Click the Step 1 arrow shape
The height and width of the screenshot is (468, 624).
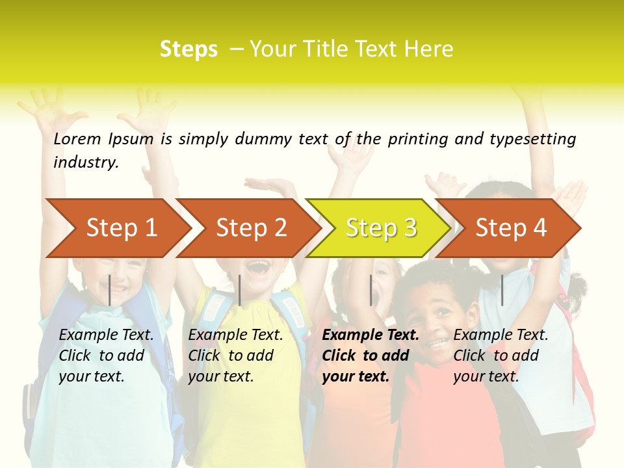pos(121,228)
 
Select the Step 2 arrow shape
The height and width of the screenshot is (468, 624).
pos(251,228)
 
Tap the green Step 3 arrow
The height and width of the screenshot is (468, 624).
pos(381,228)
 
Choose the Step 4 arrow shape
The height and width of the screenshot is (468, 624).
pos(511,228)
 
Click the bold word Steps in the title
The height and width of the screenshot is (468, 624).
pos(188,49)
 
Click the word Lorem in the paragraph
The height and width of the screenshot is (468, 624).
pos(77,138)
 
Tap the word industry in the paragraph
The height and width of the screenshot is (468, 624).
pos(85,162)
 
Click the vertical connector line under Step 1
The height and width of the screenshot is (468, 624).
pos(109,290)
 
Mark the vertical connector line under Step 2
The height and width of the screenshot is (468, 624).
pos(240,290)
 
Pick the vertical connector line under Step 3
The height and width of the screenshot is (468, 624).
pos(371,290)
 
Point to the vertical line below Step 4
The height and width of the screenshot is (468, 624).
pos(502,290)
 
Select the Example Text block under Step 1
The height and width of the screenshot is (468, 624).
pos(106,356)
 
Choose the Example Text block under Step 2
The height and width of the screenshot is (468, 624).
pos(235,356)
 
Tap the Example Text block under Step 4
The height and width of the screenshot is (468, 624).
pos(500,356)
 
